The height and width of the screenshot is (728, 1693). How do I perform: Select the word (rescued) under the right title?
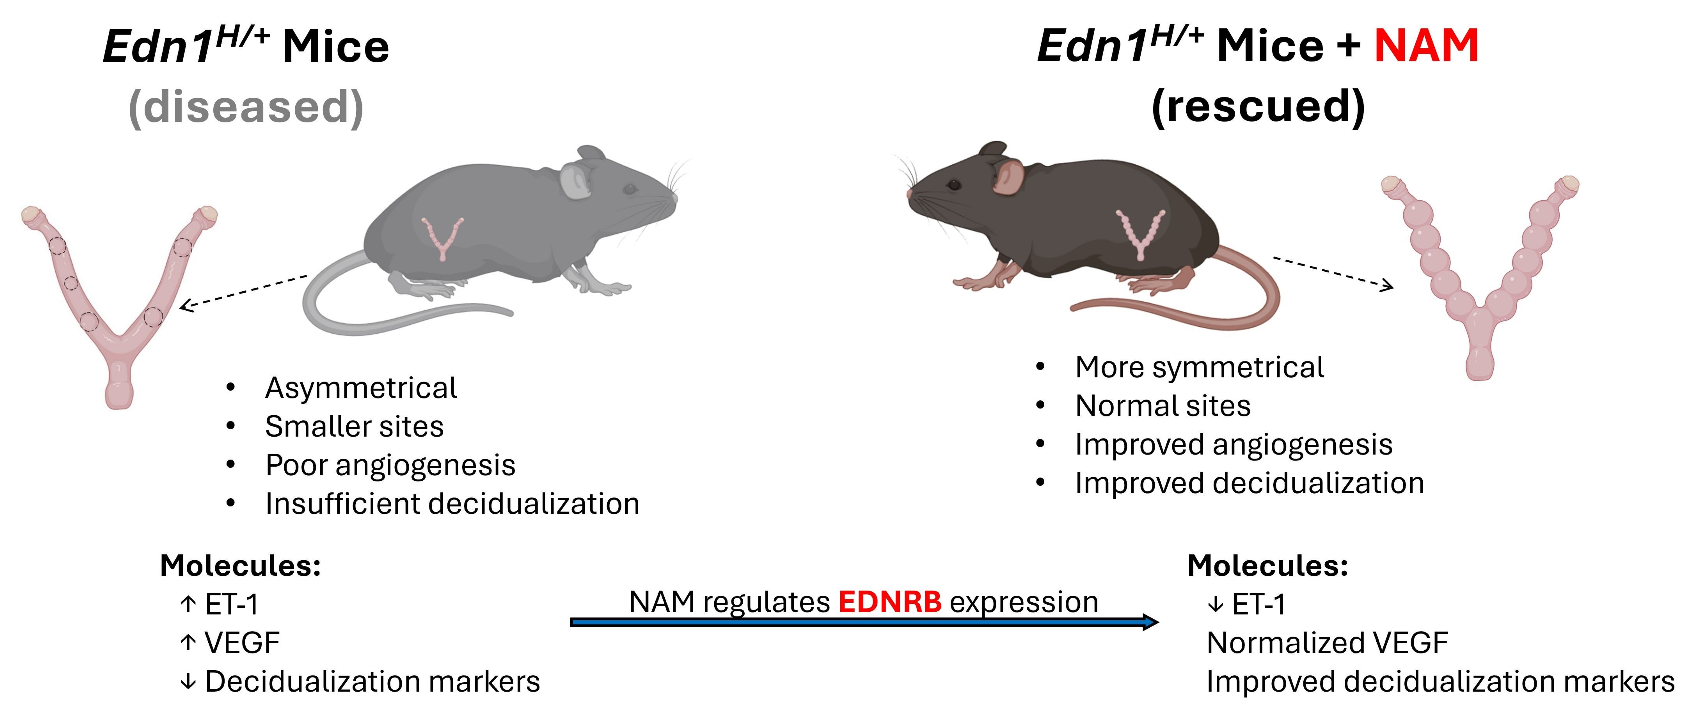click(1259, 107)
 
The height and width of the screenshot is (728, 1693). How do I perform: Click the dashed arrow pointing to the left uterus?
click(243, 291)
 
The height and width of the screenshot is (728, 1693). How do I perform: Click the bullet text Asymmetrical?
click(361, 388)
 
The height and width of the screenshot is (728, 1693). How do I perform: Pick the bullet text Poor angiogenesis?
click(390, 465)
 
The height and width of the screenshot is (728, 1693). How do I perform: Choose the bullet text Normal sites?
click(1163, 405)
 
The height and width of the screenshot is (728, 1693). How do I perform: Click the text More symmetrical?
click(1199, 367)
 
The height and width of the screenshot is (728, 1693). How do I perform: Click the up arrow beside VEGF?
click(188, 643)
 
